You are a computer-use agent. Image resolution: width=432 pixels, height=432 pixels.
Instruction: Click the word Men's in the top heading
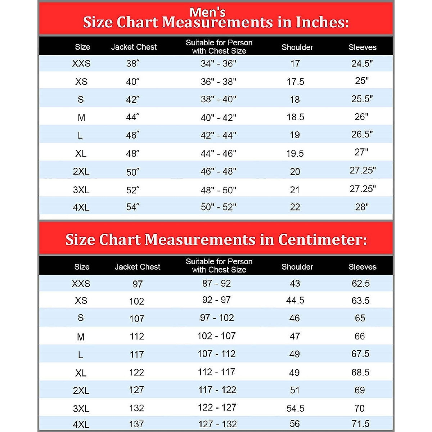click(207, 12)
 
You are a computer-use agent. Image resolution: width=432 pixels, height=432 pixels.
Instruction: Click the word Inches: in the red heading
click(322, 23)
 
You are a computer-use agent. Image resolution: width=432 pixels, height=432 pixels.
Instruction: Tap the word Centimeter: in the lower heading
click(322, 240)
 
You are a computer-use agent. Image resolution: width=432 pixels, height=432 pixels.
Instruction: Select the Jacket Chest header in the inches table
click(134, 47)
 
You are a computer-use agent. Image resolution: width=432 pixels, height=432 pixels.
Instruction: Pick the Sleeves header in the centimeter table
click(362, 267)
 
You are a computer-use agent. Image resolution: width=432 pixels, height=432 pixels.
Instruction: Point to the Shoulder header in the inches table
click(297, 47)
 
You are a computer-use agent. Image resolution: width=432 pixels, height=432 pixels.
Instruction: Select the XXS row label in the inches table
click(81, 64)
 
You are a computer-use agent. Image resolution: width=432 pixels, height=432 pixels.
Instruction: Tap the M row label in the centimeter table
click(81, 337)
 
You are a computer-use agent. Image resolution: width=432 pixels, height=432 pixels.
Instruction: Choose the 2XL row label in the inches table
click(81, 171)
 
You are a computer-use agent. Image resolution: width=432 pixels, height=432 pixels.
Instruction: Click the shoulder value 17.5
click(295, 82)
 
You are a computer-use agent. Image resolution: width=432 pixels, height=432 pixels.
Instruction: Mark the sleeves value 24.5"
click(362, 63)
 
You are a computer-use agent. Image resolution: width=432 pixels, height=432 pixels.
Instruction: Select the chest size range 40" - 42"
click(219, 118)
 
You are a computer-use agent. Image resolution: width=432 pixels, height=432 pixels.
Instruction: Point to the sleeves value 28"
click(362, 207)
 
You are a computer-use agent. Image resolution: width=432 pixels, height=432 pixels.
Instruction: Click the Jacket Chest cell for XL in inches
click(132, 154)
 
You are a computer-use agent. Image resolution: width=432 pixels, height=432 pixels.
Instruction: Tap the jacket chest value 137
click(136, 424)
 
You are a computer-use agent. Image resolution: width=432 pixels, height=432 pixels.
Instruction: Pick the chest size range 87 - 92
click(216, 284)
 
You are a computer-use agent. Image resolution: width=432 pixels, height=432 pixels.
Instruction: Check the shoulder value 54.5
click(295, 408)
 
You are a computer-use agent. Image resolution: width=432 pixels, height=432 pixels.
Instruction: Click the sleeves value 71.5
click(361, 423)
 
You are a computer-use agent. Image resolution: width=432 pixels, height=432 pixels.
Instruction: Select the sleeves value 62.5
click(361, 284)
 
